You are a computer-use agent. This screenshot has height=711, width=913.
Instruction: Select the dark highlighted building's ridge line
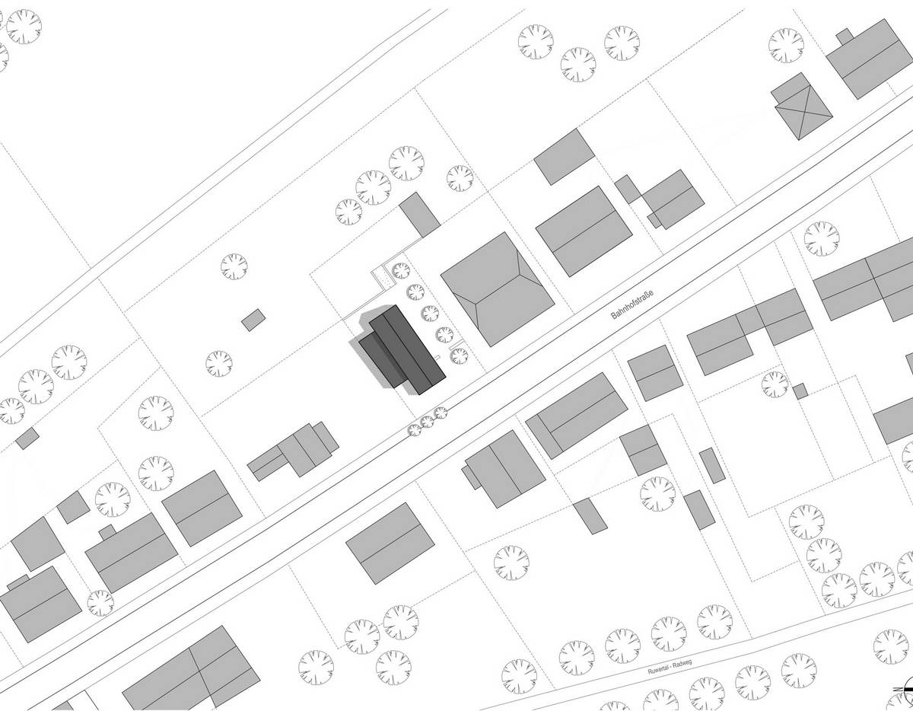point(408,349)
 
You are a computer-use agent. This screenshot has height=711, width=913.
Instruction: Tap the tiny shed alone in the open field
point(253,320)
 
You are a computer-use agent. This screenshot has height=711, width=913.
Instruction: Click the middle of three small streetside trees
point(428,422)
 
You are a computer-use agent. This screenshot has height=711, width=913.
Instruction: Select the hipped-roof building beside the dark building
point(498,289)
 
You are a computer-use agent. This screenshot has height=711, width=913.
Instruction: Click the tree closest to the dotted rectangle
point(400,271)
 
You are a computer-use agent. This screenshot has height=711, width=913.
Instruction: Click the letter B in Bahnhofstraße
point(613,317)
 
